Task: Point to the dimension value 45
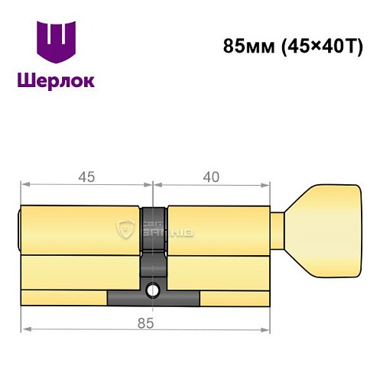pos(86,176)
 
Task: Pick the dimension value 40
pos(212,176)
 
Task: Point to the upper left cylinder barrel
pos(80,228)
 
